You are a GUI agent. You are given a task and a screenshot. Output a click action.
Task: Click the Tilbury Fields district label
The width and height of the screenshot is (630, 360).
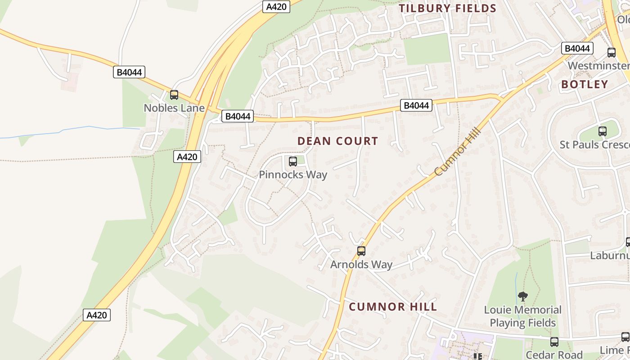(x=447, y=8)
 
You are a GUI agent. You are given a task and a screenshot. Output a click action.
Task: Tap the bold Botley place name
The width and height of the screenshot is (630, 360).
(x=585, y=84)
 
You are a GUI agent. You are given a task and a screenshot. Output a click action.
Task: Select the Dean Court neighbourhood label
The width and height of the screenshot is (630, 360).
(x=337, y=141)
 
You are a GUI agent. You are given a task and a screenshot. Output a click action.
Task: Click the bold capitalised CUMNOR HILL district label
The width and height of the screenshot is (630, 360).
(x=393, y=307)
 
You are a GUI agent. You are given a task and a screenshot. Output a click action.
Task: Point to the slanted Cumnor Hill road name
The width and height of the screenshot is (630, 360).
(x=458, y=152)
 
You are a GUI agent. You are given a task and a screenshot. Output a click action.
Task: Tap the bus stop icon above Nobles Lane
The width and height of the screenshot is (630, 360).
(x=174, y=95)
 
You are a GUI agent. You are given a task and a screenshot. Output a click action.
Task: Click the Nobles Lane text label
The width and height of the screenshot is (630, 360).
(x=174, y=108)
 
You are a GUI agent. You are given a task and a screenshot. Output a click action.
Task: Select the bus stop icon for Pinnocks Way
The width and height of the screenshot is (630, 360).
(x=293, y=161)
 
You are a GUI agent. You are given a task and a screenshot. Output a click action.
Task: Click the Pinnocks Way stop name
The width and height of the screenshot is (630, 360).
(x=293, y=175)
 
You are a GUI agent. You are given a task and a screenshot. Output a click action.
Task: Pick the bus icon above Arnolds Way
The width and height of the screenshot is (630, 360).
(x=361, y=251)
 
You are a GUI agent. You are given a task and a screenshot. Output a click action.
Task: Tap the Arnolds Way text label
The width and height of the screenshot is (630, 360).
(x=361, y=265)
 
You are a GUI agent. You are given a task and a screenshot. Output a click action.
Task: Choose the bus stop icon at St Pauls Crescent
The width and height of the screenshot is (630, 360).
(x=602, y=131)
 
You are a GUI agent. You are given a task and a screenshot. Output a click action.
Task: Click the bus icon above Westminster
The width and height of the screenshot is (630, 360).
(x=612, y=52)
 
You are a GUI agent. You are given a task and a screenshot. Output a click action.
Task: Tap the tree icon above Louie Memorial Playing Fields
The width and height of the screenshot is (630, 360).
(x=522, y=296)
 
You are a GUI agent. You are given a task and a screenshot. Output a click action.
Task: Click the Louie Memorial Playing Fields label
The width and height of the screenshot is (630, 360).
(x=523, y=316)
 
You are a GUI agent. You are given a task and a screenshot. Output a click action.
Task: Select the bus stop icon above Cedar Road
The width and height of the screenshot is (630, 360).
(x=554, y=342)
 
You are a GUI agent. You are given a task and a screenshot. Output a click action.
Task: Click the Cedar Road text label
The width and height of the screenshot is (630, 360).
(x=554, y=355)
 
